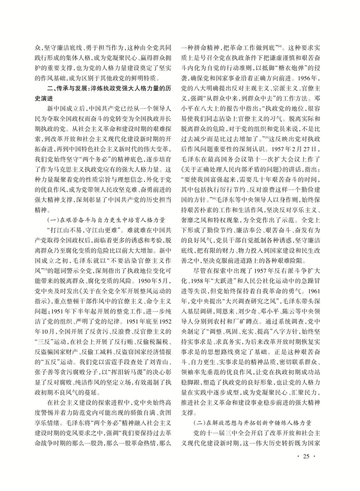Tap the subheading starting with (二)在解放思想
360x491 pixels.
252,423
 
